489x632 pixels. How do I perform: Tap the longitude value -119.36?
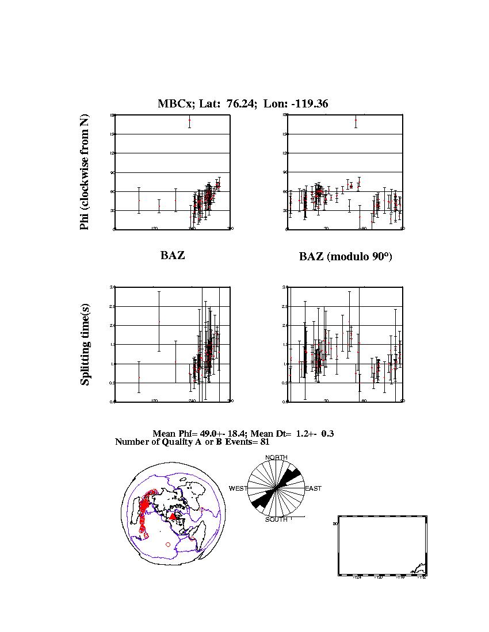pos(309,104)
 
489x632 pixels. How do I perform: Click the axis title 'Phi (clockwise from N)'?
pos(85,172)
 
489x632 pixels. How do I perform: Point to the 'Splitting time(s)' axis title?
pos(85,346)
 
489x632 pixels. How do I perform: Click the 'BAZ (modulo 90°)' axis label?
pos(345,257)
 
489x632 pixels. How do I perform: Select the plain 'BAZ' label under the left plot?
pos(173,256)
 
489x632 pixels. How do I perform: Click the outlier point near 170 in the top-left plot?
pos(189,122)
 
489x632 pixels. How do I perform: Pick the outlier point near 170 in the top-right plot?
pos(356,122)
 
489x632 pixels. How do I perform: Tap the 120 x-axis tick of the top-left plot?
pos(154,229)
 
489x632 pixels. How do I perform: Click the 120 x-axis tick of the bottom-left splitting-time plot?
pos(154,400)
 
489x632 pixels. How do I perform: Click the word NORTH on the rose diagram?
pos(276,457)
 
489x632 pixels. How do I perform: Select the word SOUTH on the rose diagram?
pos(276,519)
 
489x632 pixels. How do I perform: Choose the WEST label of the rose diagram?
pos(238,488)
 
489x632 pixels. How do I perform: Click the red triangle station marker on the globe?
pos(173,517)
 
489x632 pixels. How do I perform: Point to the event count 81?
pos(264,442)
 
